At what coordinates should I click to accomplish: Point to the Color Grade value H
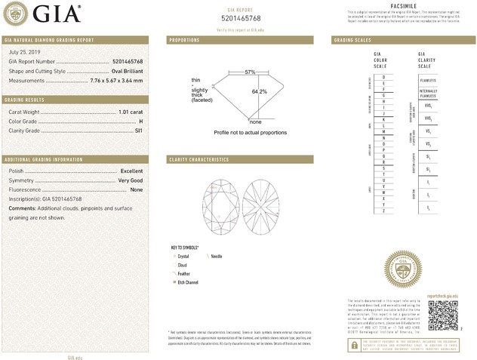point(140,122)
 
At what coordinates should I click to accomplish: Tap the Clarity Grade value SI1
point(138,131)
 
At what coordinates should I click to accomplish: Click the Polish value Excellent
point(131,171)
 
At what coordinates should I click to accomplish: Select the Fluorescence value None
point(137,190)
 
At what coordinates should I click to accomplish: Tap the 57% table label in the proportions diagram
point(250,72)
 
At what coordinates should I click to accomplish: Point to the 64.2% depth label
point(260,91)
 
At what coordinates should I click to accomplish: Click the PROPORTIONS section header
point(184,39)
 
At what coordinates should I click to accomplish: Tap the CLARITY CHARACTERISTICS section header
point(198,160)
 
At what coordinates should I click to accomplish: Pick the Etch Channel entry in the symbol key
point(186,282)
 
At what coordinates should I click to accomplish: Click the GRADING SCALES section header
point(352,39)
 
